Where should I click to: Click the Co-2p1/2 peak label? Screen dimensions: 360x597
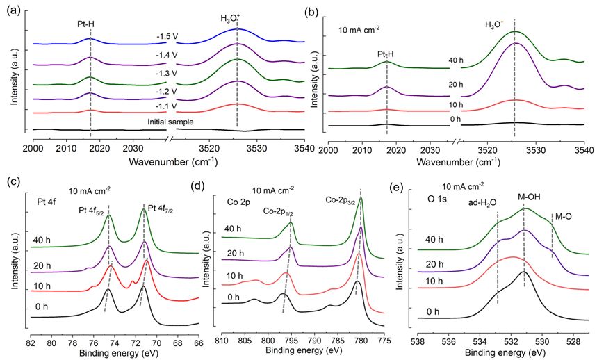tap(283, 208)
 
